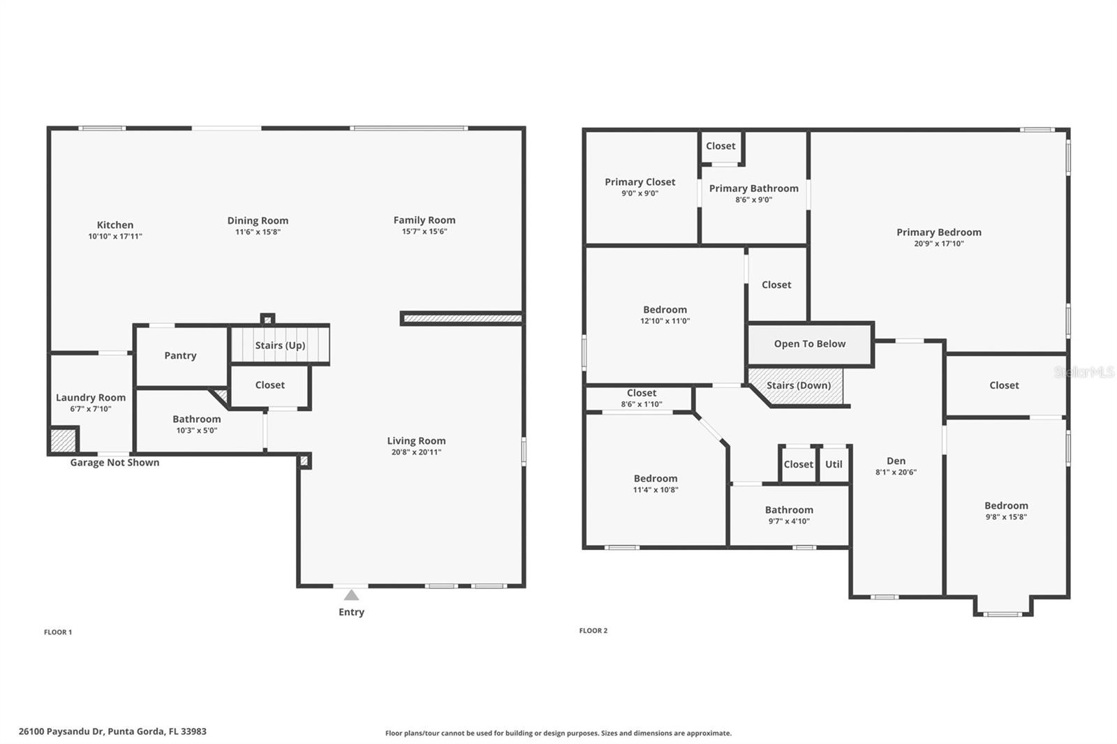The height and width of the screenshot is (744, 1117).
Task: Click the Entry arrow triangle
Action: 351,595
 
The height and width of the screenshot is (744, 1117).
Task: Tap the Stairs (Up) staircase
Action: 279,345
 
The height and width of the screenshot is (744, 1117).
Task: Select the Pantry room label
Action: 180,355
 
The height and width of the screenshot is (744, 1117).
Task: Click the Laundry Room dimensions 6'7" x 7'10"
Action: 91,409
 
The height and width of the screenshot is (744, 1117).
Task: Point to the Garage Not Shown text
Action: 114,462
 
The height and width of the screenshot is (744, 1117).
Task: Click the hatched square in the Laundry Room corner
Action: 62,441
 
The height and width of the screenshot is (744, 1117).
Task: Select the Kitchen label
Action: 115,225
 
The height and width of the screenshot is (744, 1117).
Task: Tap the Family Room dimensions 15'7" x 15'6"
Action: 424,232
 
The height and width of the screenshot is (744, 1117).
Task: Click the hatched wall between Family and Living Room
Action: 462,318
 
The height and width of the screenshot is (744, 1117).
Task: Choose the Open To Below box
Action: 810,343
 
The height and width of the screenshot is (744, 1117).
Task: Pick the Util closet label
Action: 834,464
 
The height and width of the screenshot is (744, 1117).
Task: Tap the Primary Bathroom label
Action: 753,188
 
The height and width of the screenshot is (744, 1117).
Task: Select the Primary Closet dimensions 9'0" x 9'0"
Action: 639,193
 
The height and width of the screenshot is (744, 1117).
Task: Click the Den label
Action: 896,461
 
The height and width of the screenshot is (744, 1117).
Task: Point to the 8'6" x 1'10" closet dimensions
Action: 641,404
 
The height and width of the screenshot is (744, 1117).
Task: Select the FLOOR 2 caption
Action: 593,630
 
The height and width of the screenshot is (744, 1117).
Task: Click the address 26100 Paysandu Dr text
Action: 112,731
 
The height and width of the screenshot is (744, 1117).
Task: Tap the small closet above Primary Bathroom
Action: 720,146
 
